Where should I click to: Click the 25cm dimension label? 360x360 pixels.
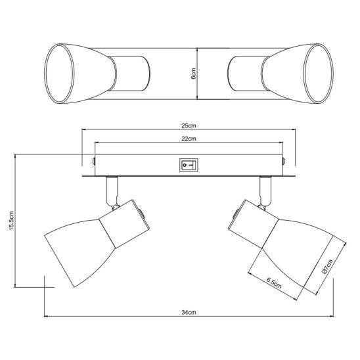189,125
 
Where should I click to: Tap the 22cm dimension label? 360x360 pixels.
189,139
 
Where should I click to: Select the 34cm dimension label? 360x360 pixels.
189,312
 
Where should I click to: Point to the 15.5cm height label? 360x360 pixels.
12,221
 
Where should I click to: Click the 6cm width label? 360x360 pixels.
193,74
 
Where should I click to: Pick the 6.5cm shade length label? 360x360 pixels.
274,283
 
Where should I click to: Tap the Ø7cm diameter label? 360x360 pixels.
327,266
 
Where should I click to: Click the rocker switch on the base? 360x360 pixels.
189,165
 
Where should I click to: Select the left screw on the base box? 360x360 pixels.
93,161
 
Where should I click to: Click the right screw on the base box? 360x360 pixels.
284,161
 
